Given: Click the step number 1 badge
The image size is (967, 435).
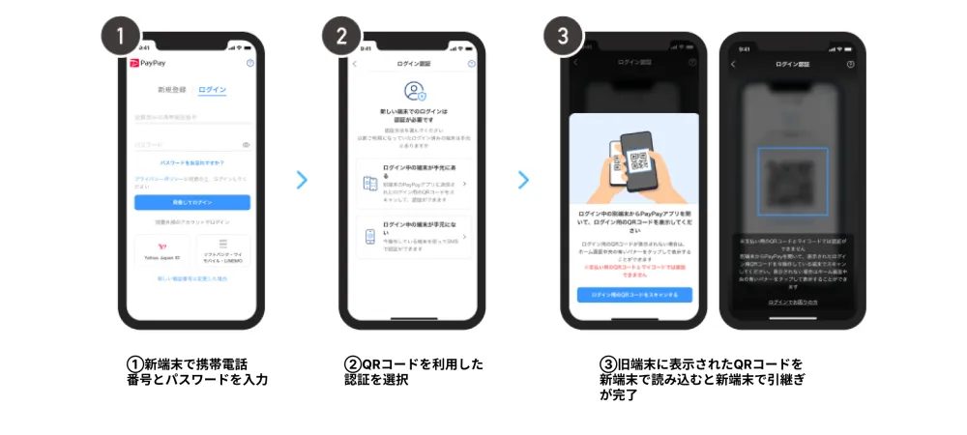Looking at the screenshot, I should point(121,38).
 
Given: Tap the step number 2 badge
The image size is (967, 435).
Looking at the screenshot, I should point(341,38).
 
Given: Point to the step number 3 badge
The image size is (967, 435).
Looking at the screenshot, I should point(563,38).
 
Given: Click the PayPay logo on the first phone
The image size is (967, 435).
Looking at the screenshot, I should point(147,63).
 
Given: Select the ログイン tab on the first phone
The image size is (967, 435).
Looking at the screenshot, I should point(212,90).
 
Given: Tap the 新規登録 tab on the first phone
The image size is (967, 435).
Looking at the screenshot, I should point(172,90).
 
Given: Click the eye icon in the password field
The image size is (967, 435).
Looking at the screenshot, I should point(247,144).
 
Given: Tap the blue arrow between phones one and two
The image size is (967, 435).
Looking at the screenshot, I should point(302,179).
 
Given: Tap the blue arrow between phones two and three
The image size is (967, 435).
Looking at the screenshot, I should point(523,179).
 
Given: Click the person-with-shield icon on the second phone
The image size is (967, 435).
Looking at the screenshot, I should point(415,93).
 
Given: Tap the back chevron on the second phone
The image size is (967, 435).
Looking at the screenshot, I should point(354,64).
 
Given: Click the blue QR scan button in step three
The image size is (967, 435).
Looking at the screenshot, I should point(634,294).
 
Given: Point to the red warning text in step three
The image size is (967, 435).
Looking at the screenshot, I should point(634,269).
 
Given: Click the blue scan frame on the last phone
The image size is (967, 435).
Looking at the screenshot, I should point(792,181).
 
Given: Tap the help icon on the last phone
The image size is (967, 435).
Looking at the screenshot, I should point(850,65).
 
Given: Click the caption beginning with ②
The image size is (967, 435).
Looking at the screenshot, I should point(414,371).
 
